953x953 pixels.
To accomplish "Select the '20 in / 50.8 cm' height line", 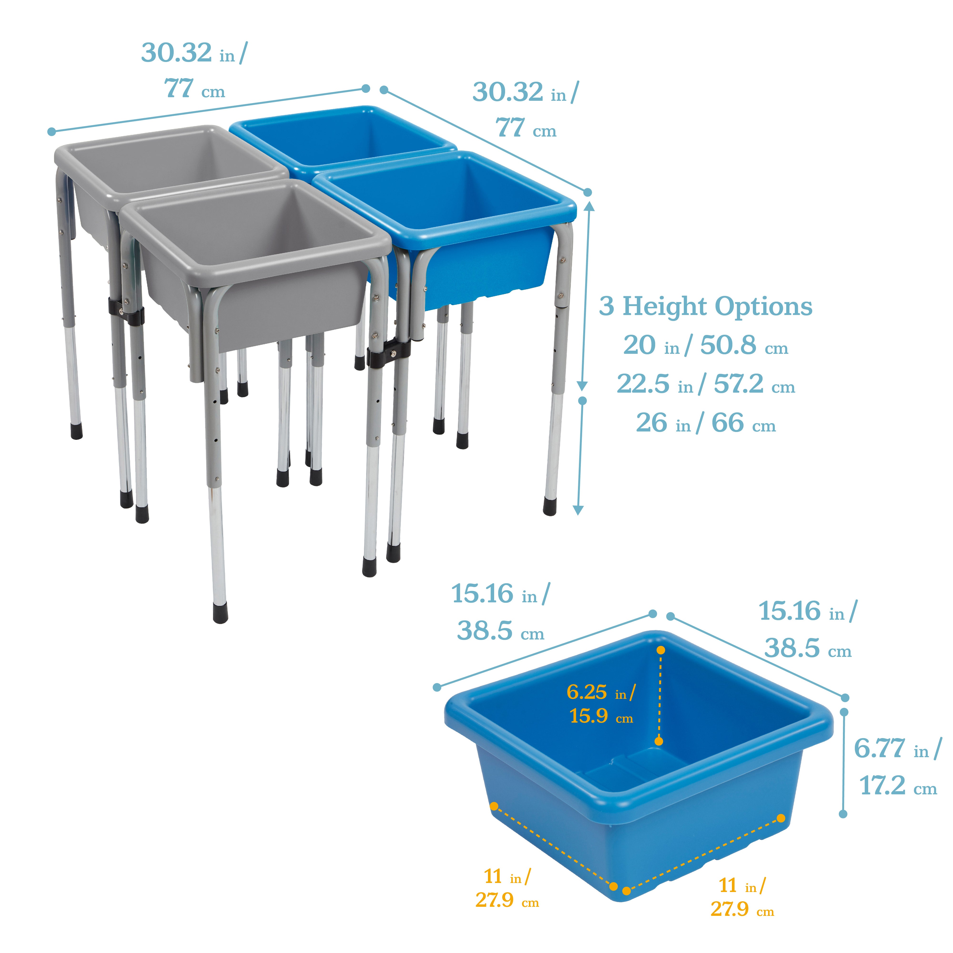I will pos(705,345).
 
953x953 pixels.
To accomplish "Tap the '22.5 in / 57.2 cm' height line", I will pos(705,384).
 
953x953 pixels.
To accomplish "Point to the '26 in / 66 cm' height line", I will pos(705,423).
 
